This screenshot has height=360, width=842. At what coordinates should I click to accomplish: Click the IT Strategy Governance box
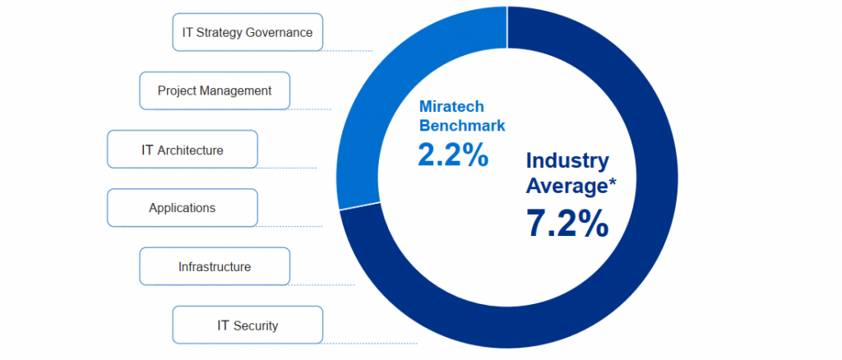click(x=248, y=33)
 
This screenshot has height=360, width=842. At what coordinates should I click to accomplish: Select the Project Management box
click(x=214, y=90)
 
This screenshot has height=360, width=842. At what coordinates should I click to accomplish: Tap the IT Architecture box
click(x=182, y=150)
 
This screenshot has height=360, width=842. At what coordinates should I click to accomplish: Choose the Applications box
click(x=182, y=208)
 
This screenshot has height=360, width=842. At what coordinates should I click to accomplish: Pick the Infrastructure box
click(x=214, y=266)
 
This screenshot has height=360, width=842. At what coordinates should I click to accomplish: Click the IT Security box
click(x=248, y=325)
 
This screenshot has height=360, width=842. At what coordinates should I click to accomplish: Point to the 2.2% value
click(x=453, y=155)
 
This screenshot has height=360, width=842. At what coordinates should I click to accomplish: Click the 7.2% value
click(x=567, y=224)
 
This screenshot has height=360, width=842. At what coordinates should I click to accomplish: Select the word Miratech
click(x=451, y=107)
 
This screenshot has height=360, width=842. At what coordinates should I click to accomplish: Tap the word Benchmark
click(x=462, y=126)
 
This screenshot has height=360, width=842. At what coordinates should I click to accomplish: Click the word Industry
click(x=567, y=160)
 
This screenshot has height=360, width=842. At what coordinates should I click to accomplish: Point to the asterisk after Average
click(x=611, y=182)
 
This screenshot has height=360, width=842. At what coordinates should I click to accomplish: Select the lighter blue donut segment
click(x=370, y=123)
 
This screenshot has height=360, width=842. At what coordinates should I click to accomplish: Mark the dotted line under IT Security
click(x=370, y=343)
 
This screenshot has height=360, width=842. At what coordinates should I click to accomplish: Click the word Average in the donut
click(x=564, y=187)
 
